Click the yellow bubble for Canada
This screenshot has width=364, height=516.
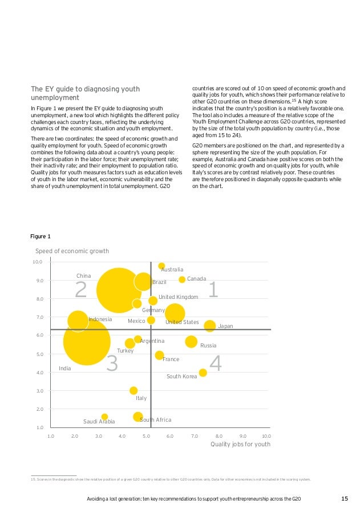[x=182, y=279]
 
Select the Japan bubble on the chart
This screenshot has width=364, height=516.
[x=210, y=326]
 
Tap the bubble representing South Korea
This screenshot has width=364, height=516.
[x=203, y=373]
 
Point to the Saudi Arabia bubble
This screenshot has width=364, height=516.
[x=104, y=417]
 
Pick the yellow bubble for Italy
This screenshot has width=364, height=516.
[x=134, y=391]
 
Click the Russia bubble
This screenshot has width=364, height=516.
[x=191, y=342]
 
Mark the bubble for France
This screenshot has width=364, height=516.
[x=160, y=355]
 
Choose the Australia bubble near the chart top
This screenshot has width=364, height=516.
[x=161, y=266]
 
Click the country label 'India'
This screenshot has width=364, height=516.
[x=65, y=369]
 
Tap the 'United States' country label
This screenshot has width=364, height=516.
[x=181, y=322]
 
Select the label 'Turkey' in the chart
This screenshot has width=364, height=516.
[x=125, y=351]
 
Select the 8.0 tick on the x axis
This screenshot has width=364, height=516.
[x=219, y=436]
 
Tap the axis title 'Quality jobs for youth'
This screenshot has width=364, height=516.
[x=240, y=444]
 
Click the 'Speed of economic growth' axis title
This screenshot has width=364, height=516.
[x=72, y=251]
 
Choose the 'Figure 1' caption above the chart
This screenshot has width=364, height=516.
[x=41, y=236]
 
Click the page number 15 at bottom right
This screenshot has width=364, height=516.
[x=344, y=499]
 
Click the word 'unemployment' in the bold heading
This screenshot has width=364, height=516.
[x=55, y=98]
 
